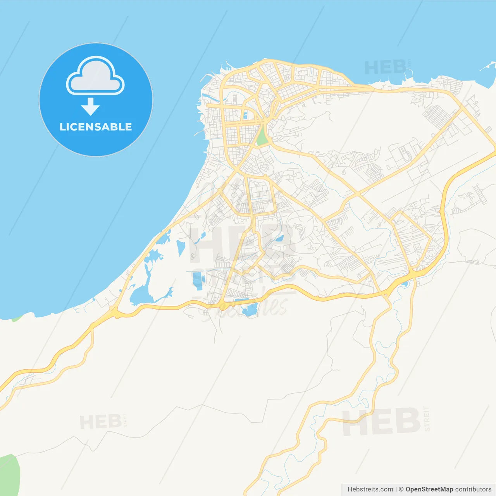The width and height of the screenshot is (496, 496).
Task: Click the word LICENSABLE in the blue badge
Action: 96,127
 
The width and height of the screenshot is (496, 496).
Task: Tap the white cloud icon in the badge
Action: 95,76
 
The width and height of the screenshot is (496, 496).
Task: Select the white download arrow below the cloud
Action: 90,107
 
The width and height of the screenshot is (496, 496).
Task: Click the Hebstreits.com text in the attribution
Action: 370,489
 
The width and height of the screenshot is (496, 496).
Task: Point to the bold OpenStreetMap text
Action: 429,489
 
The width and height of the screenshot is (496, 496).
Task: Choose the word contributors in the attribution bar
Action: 473,489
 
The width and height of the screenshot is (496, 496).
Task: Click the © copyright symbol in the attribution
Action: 401,489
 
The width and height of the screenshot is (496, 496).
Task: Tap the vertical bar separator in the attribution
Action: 396,489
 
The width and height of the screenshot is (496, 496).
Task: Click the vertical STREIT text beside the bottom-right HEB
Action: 427,419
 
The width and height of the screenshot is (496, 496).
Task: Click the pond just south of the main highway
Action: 249,310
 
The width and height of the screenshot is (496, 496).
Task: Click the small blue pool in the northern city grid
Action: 245,115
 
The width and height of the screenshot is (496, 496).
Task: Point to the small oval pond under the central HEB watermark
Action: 279,239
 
